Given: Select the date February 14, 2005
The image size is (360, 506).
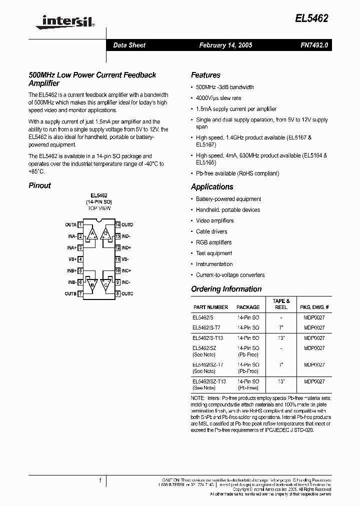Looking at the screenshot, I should click(x=225, y=45).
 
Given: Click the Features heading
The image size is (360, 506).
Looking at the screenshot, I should click(x=205, y=75).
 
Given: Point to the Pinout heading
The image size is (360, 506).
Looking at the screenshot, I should click(x=39, y=185).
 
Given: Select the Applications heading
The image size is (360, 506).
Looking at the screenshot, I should click(x=212, y=186).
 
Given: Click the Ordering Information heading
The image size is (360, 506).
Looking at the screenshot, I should click(x=226, y=289).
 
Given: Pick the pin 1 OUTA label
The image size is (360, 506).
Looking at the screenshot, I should click(x=70, y=225).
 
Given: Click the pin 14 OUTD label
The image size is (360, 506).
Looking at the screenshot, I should click(x=127, y=225).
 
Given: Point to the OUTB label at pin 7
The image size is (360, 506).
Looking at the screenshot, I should click(x=70, y=294).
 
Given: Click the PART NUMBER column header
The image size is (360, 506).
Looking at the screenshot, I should click(x=210, y=307).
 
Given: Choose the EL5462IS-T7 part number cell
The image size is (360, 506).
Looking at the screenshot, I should click(x=206, y=328).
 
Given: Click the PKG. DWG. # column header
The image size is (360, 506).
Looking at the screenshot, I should click(x=314, y=307).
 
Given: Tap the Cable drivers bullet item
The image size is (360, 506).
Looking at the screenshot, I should click(x=211, y=231).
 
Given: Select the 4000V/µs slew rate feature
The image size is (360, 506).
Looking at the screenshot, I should click(x=218, y=98).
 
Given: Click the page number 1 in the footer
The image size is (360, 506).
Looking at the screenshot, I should click(x=100, y=480).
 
